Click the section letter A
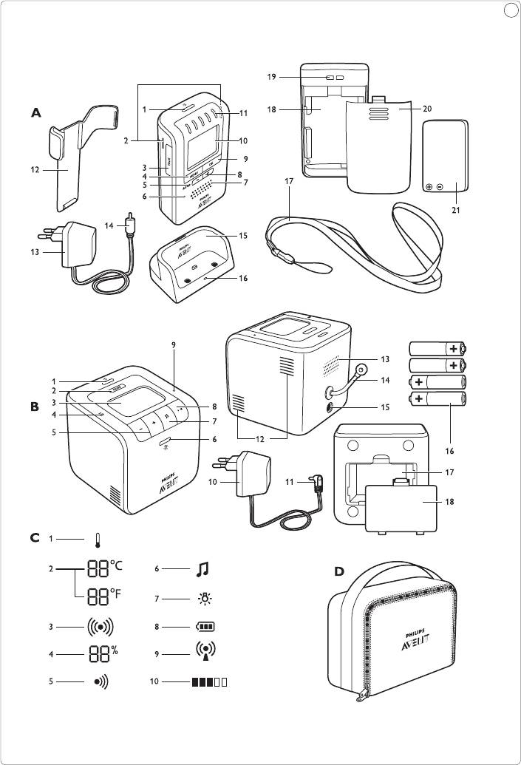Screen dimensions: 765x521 click(35, 113)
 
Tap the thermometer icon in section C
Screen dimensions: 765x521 click(97, 540)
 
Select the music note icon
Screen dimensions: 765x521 click(202, 568)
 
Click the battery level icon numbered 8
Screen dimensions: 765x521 click(205, 627)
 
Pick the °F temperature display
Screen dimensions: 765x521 click(103, 596)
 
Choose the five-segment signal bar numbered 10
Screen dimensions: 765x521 click(208, 682)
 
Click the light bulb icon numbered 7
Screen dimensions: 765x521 click(202, 597)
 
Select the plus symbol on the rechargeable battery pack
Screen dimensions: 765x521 click(429, 188)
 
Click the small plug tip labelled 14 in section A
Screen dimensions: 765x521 click(130, 222)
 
